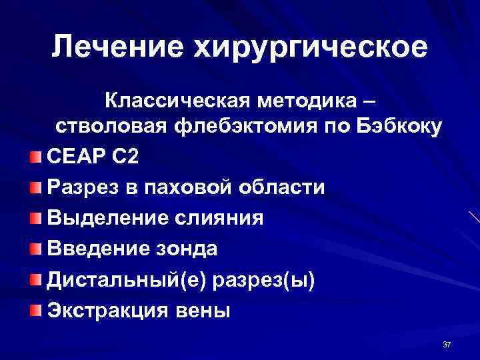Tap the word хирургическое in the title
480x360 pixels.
coord(309,47)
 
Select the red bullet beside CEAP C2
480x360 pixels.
coord(35,158)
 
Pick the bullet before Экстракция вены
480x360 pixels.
coord(35,309)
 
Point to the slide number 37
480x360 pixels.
coord(447,344)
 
